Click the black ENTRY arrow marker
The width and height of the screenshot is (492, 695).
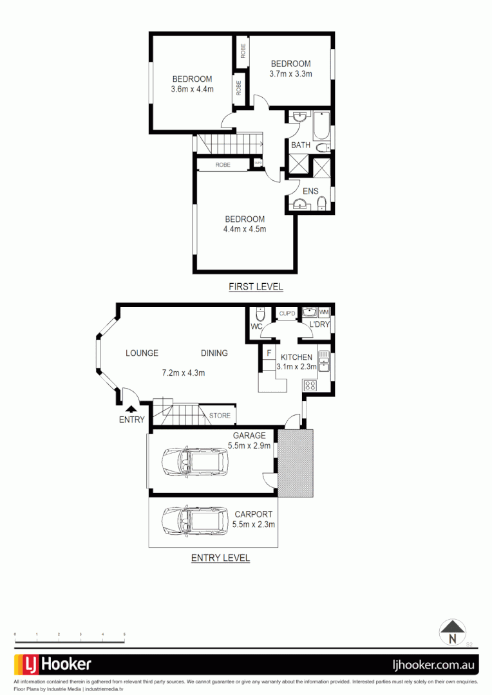click(x=131, y=408)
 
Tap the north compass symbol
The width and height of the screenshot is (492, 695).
click(x=452, y=632)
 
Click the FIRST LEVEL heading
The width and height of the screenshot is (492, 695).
click(x=256, y=287)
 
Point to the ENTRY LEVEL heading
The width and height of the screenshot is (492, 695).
click(x=220, y=558)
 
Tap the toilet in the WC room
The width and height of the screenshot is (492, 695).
click(x=260, y=316)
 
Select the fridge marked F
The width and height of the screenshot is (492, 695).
click(x=269, y=353)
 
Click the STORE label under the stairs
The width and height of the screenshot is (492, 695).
click(x=220, y=416)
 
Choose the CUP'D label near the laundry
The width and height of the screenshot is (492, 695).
click(x=287, y=313)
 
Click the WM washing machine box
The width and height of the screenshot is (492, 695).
click(x=323, y=312)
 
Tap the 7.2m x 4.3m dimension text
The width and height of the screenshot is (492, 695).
click(x=183, y=373)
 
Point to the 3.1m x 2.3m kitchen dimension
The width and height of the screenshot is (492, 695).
click(x=295, y=367)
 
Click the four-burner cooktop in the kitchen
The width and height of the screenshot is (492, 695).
click(x=310, y=386)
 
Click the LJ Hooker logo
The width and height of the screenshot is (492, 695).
click(x=53, y=664)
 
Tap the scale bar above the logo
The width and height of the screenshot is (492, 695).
click(x=70, y=642)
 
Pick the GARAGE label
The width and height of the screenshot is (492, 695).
click(x=249, y=436)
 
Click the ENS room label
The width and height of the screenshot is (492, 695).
click(x=310, y=191)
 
